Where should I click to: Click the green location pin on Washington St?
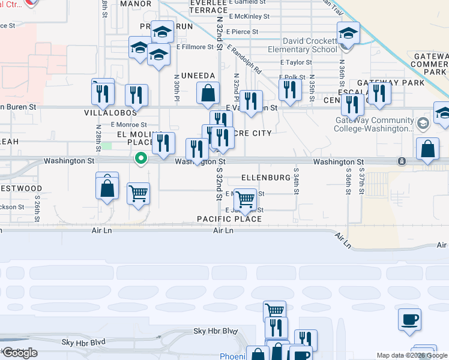pyautogui.click(x=141, y=158)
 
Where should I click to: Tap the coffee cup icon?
pyautogui.click(x=410, y=319)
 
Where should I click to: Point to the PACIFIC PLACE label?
pyautogui.click(x=229, y=219)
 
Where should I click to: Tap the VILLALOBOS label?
pyautogui.click(x=110, y=112)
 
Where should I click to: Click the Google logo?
pyautogui.click(x=20, y=353)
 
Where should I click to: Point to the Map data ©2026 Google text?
pyautogui.click(x=412, y=355)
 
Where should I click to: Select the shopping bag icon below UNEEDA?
pyautogui.click(x=208, y=92)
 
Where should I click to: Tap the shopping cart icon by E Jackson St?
pyautogui.click(x=245, y=199)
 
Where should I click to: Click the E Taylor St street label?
pyautogui.click(x=296, y=62)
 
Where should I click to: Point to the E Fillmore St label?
pyautogui.click(x=195, y=47)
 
